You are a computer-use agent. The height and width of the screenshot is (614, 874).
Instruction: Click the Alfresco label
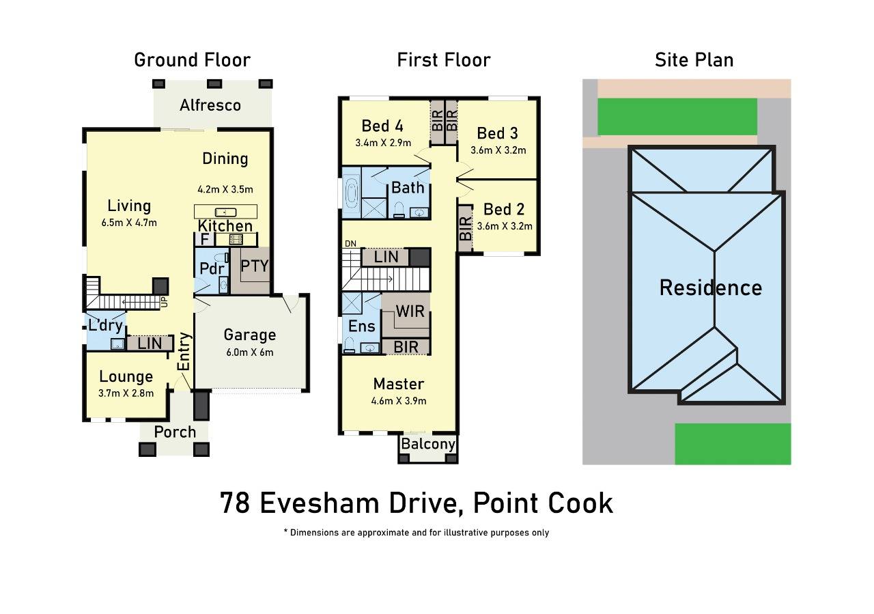(x=210, y=105)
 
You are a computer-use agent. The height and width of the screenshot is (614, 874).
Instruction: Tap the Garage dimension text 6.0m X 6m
(x=250, y=352)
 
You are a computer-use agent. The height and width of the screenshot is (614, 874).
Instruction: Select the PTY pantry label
(x=255, y=266)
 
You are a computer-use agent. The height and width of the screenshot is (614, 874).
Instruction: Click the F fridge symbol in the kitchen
(x=204, y=239)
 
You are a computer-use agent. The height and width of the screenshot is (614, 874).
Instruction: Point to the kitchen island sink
(x=225, y=212)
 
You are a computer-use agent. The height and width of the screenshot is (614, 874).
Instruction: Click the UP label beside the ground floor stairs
(x=165, y=302)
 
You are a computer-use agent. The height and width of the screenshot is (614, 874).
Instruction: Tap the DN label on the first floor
(x=350, y=244)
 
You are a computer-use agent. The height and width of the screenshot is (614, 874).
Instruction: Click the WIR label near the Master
(x=410, y=311)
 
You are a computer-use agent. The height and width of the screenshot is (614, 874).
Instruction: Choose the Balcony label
(x=428, y=444)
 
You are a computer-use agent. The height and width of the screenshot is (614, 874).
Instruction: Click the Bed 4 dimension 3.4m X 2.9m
(x=383, y=143)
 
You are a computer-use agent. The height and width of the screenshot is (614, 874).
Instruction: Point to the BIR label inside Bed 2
(x=465, y=229)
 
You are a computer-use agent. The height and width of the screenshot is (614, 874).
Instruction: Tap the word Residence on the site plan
(x=711, y=288)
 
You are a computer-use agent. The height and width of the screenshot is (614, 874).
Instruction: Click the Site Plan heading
(x=694, y=60)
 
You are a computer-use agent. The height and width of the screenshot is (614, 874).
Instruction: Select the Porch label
(x=175, y=432)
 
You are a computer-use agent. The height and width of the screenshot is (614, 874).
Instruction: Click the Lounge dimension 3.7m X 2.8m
(x=126, y=393)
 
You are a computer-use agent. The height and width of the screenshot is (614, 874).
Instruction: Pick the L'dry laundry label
(x=105, y=325)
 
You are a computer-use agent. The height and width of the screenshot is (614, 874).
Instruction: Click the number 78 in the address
(x=235, y=503)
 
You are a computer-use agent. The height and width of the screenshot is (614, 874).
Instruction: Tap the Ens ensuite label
(x=362, y=326)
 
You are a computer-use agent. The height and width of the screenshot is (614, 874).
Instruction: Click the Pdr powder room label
(x=212, y=268)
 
